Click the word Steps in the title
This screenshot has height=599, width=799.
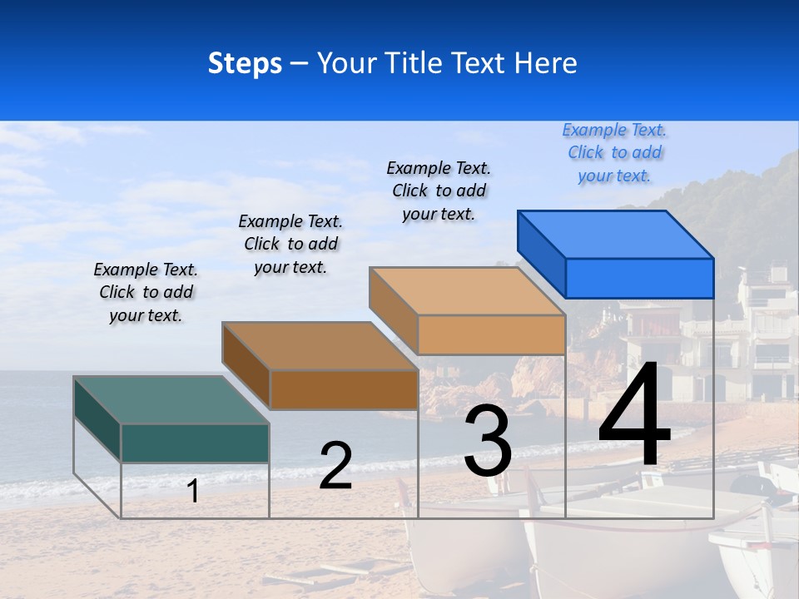pos(245,63)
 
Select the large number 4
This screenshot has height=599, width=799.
pos(634,416)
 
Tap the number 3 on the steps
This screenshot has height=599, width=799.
pos(488,441)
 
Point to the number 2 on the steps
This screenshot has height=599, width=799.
pos(335,466)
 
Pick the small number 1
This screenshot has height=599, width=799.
pos(193,491)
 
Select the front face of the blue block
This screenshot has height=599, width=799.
pos(639,278)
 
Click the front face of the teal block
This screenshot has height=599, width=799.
pos(195,443)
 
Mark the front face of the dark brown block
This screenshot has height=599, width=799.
pos(344,389)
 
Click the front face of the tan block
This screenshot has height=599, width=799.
pos(491,334)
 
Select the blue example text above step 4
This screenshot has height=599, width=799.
pos(614,153)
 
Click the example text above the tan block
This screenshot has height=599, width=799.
pos(439,191)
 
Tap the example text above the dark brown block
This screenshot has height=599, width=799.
pos(290,244)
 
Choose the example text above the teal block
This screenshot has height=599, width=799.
pos(146,292)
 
